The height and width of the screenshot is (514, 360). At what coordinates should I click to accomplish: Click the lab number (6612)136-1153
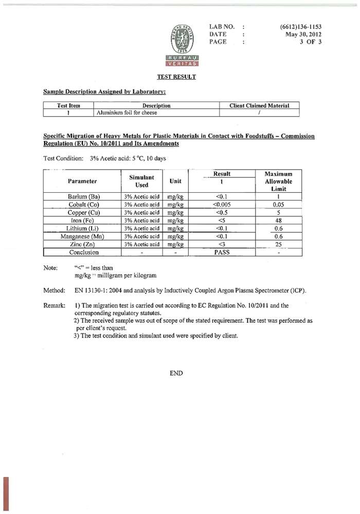(x=301, y=26)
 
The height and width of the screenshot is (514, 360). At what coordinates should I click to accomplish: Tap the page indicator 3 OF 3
(x=310, y=42)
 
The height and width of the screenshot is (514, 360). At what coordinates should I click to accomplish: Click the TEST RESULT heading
(x=176, y=77)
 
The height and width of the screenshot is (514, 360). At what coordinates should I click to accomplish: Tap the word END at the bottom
(x=176, y=373)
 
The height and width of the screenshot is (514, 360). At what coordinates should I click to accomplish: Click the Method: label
(x=54, y=291)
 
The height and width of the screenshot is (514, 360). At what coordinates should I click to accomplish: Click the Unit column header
(x=176, y=181)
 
